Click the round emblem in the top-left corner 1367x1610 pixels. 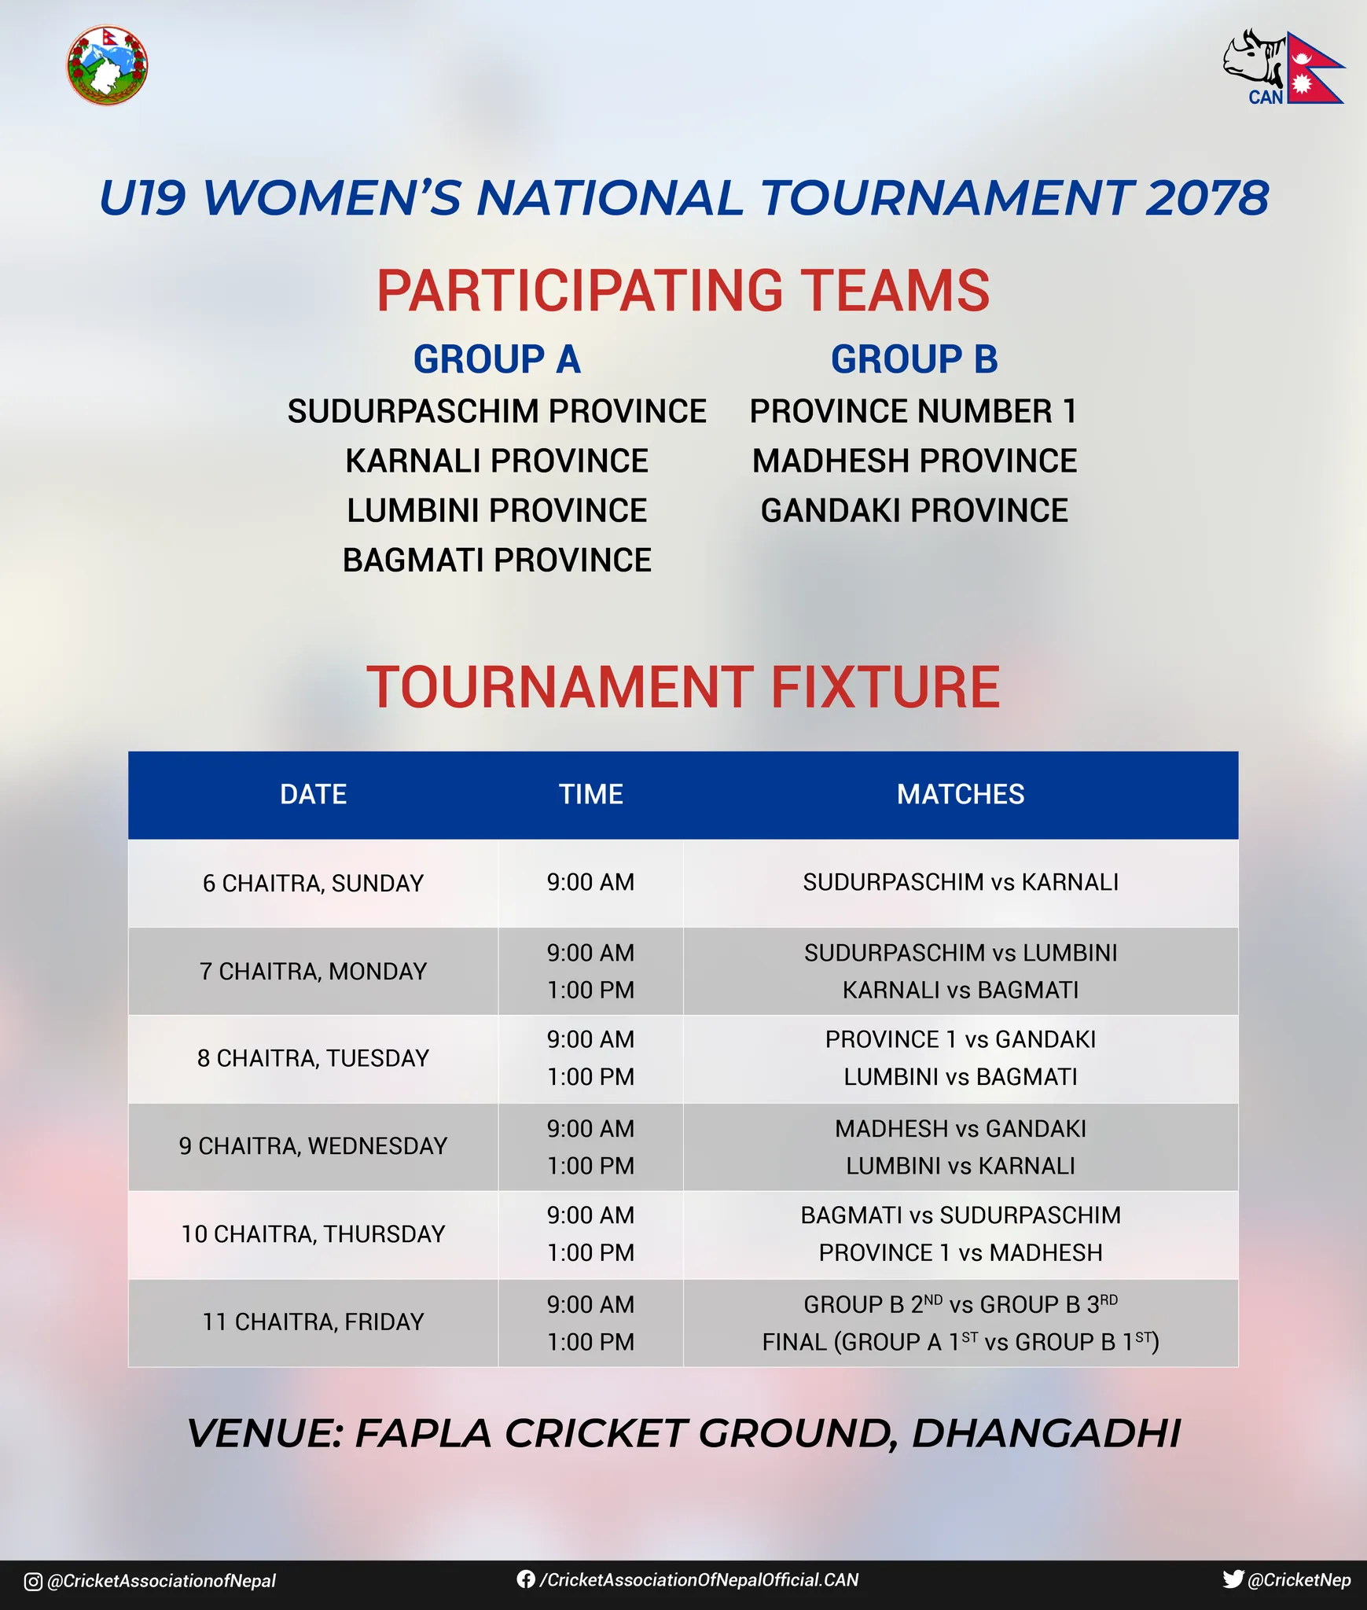[x=107, y=65]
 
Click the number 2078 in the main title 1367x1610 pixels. [x=1207, y=197]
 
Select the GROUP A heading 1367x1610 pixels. [x=497, y=359]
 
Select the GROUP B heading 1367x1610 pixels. [x=914, y=359]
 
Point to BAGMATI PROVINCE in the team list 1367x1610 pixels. [x=497, y=561]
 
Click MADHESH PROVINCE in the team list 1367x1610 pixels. [x=914, y=461]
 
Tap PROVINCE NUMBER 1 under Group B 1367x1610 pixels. [x=913, y=411]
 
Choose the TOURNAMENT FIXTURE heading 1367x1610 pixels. [x=683, y=687]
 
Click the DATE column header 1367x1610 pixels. [x=313, y=794]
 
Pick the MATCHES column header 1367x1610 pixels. [x=961, y=794]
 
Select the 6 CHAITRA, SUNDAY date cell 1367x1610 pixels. [x=313, y=883]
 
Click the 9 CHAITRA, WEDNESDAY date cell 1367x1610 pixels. [x=313, y=1146]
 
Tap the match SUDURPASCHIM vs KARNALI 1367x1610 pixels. [x=961, y=882]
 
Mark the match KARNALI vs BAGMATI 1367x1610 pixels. [x=961, y=990]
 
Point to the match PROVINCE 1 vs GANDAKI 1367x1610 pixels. [x=961, y=1039]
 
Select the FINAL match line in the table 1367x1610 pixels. [x=961, y=1340]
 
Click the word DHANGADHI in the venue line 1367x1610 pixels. [x=1046, y=1433]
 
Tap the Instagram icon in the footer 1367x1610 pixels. [x=33, y=1581]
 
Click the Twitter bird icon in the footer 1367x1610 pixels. [x=1233, y=1579]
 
